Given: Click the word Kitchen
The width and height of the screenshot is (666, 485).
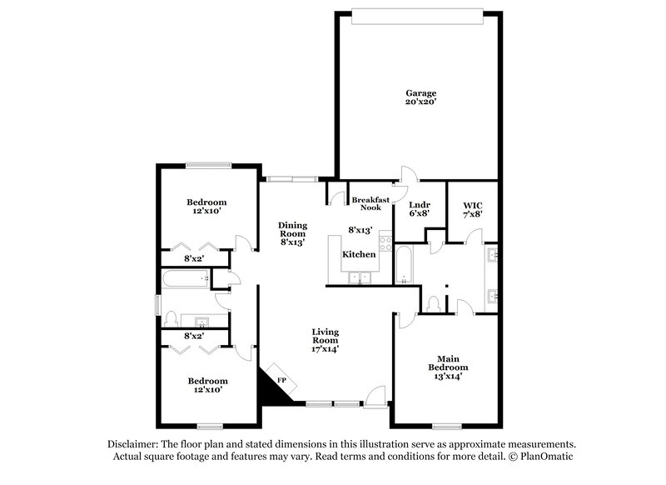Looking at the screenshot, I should pos(360,252).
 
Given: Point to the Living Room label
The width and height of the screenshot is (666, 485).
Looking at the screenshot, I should pos(325,337).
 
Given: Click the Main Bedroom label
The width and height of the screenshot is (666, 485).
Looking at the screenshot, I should pos(448,362).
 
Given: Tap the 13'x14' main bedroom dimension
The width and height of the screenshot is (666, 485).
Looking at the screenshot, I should pos(448,377).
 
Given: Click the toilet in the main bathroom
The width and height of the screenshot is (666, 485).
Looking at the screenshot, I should pos(433,303).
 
